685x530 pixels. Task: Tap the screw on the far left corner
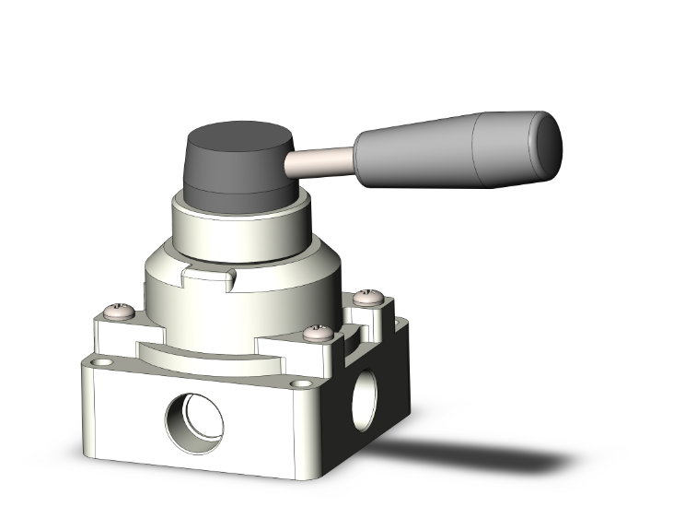click(x=116, y=312)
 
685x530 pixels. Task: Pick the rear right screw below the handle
click(x=368, y=298)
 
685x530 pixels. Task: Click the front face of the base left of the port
click(x=124, y=415)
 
